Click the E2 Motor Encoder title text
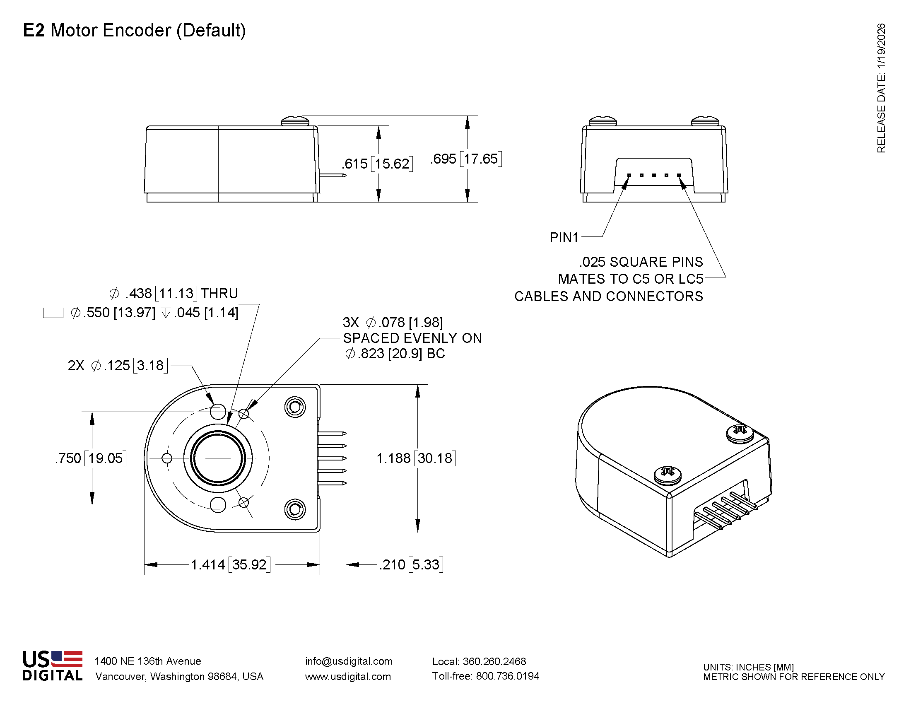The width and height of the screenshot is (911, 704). click(x=134, y=31)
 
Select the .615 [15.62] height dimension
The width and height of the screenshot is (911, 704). click(x=378, y=164)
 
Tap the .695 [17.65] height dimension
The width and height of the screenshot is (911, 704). click(x=466, y=159)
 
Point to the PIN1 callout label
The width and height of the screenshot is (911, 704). click(x=564, y=238)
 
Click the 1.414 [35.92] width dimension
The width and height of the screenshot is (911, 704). click(x=230, y=565)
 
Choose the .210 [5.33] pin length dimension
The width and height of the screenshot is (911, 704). click(x=411, y=565)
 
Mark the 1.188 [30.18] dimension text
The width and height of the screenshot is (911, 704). click(x=416, y=458)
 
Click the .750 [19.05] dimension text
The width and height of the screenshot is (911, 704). click(x=91, y=458)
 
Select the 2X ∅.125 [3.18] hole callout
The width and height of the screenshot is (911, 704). click(x=118, y=366)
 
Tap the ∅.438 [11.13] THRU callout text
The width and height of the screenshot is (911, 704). click(x=174, y=294)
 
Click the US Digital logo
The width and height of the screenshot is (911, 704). click(x=53, y=666)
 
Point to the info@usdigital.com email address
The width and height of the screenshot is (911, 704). click(x=349, y=661)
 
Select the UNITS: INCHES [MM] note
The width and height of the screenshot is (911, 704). click(x=748, y=667)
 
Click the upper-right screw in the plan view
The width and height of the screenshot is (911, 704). click(x=295, y=407)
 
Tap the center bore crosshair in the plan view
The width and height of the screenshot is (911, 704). click(x=218, y=458)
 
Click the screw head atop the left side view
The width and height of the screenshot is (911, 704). click(x=295, y=121)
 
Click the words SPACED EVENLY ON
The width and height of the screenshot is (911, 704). click(x=412, y=338)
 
